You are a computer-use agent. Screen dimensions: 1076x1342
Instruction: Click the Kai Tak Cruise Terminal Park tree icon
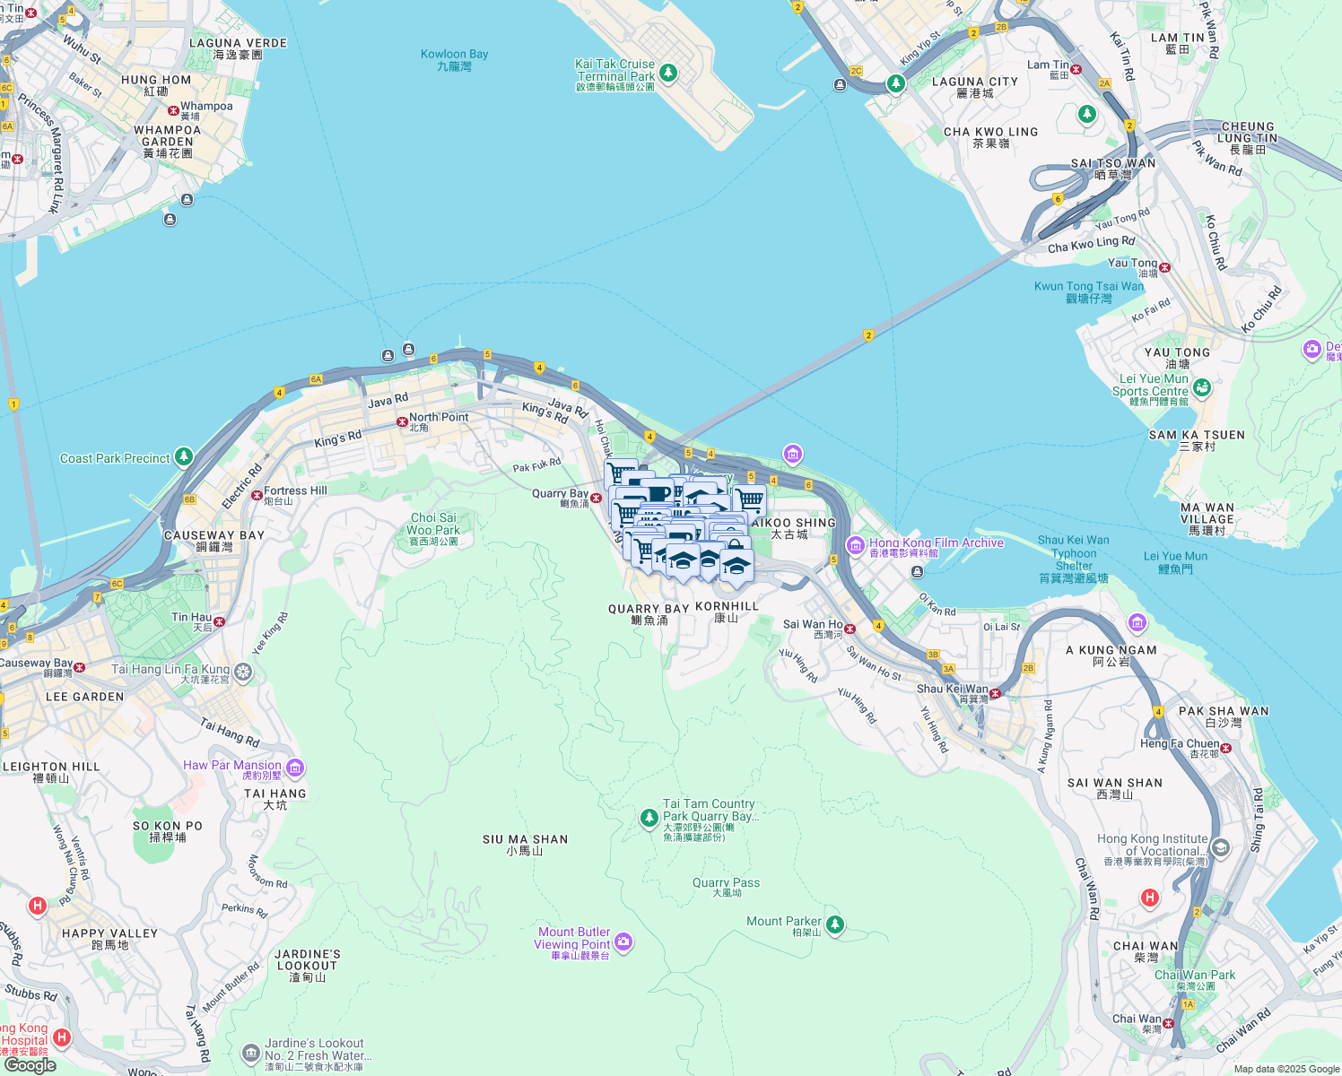pos(667,73)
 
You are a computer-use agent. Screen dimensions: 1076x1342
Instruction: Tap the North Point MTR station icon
pos(402,421)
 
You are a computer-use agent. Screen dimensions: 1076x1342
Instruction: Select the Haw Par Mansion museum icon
pos(295,768)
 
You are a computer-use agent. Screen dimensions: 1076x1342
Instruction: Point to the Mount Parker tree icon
pos(834,924)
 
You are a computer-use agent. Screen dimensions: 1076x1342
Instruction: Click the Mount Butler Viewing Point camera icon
pos(623,941)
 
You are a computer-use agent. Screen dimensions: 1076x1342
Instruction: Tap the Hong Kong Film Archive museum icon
pos(855,545)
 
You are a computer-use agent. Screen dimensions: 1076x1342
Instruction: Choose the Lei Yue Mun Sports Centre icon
pos(1202,387)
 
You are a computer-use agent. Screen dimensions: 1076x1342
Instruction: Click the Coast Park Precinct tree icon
pos(183,457)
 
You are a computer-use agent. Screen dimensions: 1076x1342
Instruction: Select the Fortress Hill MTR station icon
pos(257,494)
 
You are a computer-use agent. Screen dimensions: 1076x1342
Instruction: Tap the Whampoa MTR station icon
pos(173,110)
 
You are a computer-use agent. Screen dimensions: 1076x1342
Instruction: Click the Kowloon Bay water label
pos(454,60)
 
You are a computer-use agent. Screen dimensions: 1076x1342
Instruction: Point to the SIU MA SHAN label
pos(525,845)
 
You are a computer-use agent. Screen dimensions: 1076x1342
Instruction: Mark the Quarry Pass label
pos(726,887)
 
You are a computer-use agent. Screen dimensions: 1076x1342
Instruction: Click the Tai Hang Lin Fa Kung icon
pos(243,672)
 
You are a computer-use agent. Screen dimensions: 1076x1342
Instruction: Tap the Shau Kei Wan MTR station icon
pos(995,693)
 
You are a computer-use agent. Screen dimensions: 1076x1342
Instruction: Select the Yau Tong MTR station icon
pos(1163,267)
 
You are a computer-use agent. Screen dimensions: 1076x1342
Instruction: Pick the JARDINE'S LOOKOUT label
pos(308,965)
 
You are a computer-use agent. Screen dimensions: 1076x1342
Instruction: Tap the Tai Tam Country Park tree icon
pos(649,818)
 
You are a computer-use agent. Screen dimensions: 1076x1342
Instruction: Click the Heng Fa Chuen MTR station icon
pos(1225,748)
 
